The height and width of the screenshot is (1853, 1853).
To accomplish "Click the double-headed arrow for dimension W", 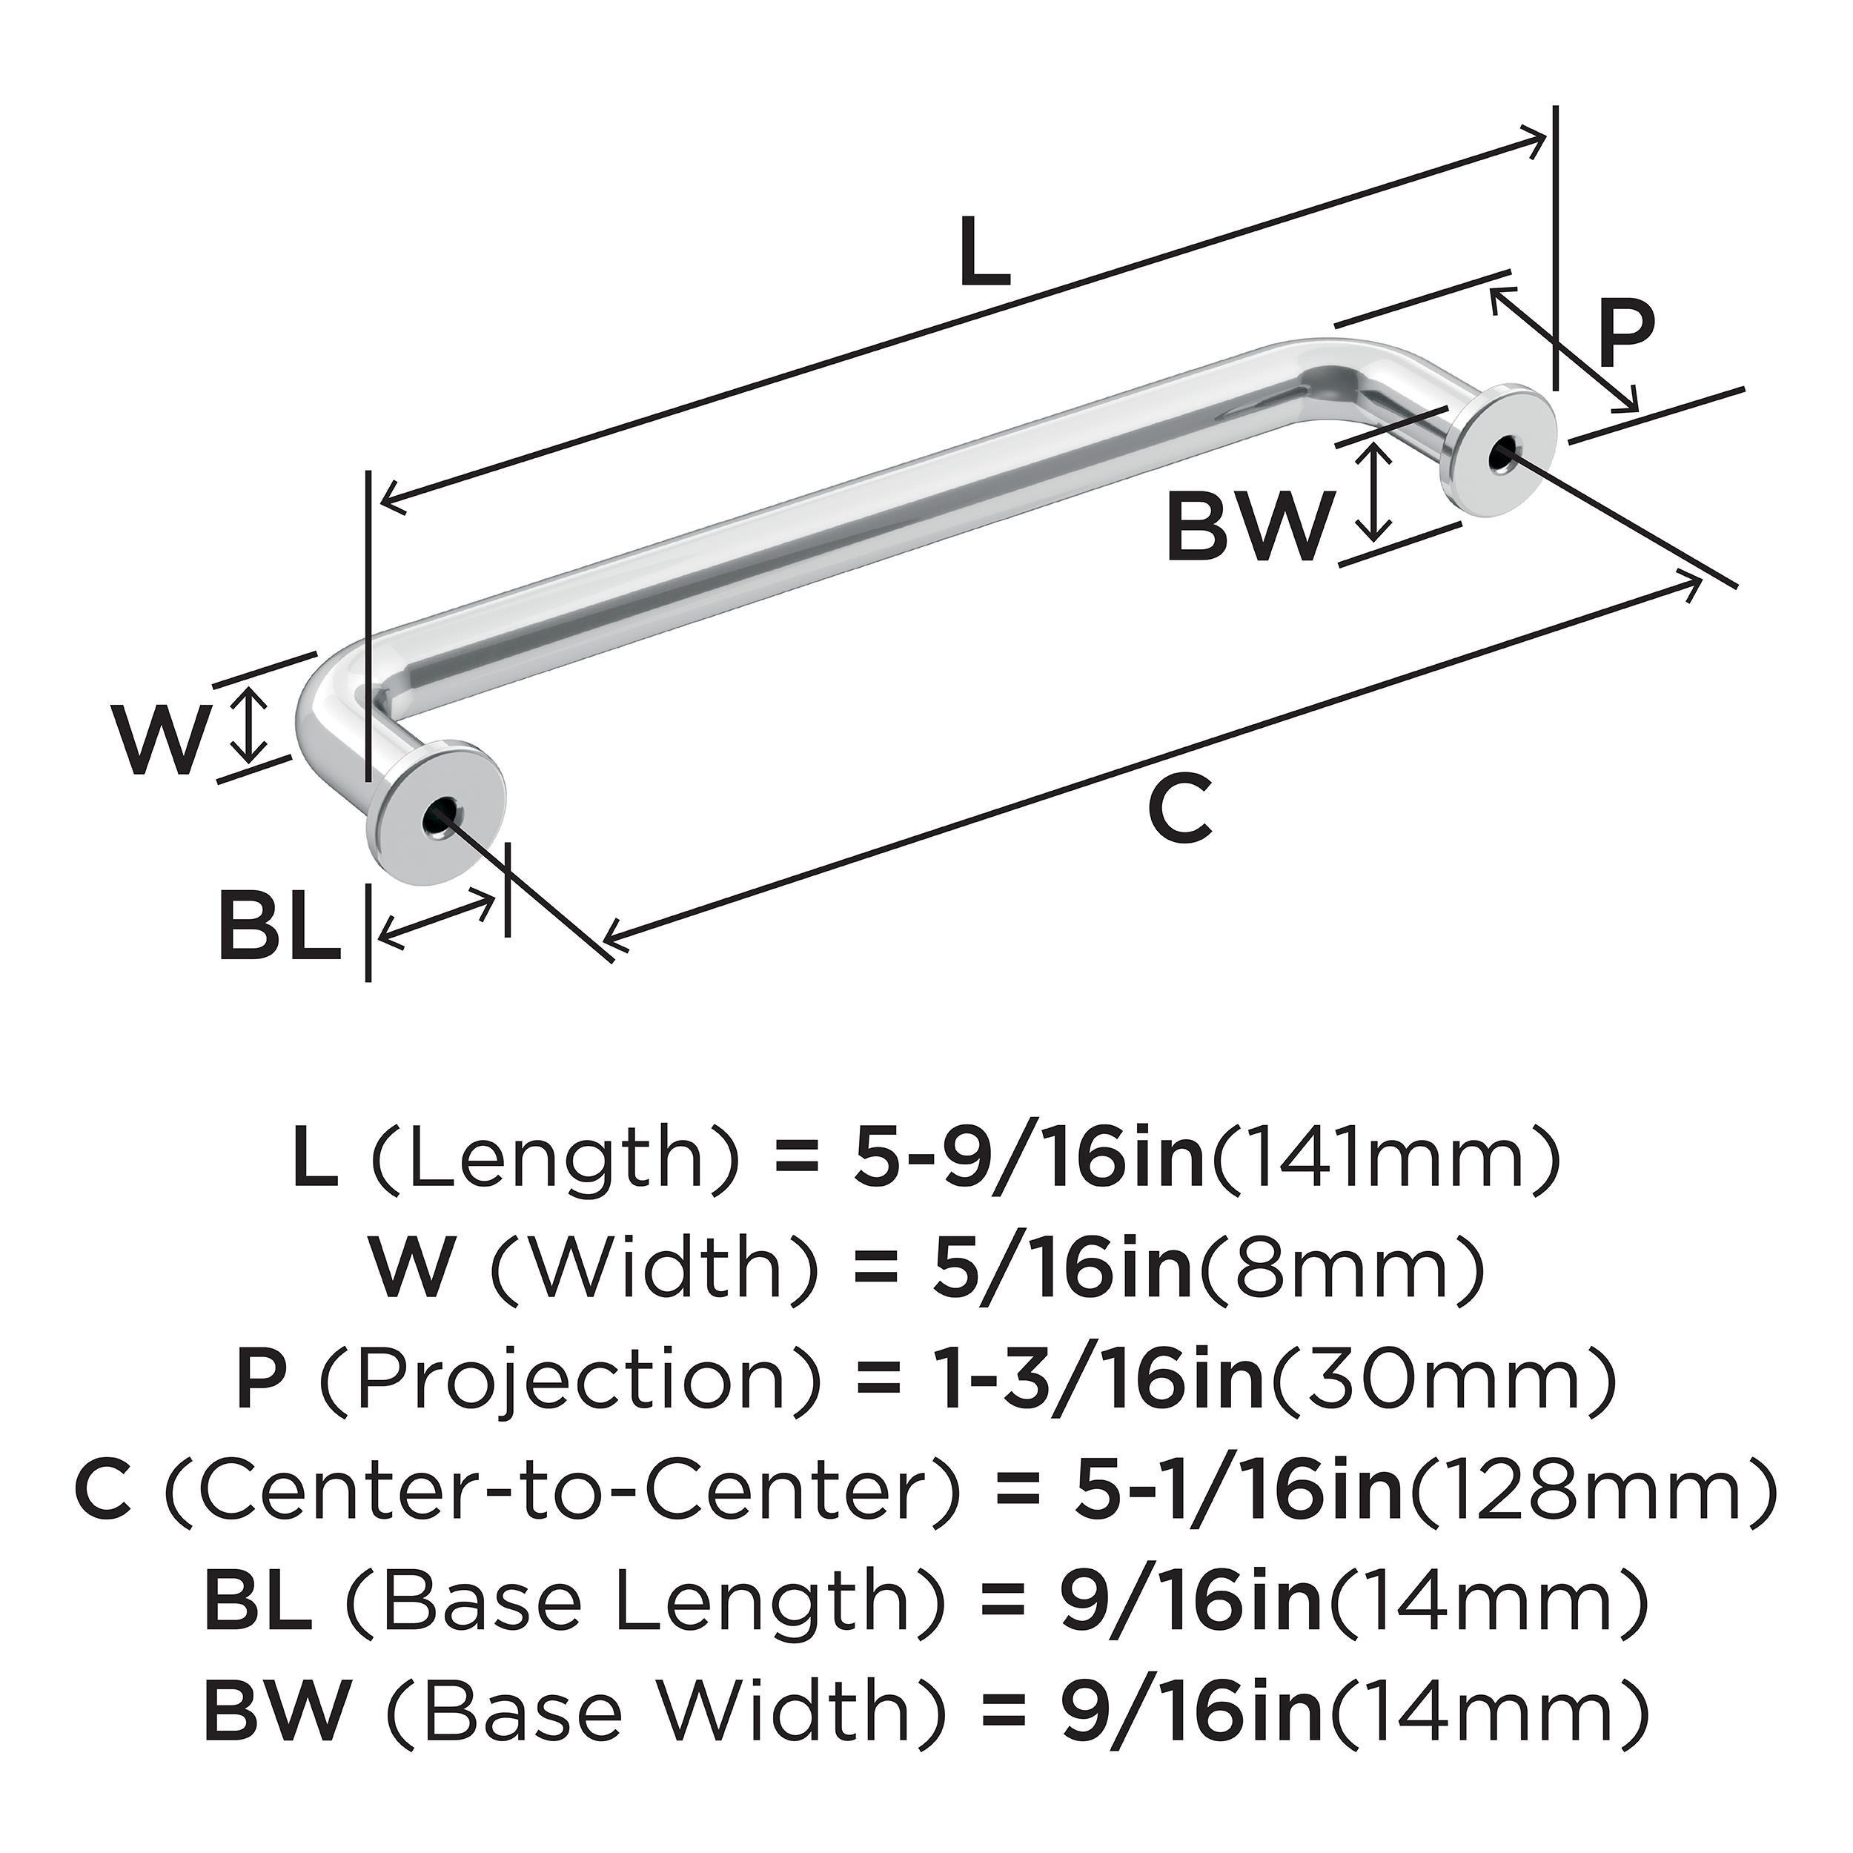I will coord(251,724).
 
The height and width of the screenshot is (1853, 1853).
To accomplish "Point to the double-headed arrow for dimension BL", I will coord(438,919).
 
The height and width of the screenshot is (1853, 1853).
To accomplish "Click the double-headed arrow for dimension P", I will coord(1563,350).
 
